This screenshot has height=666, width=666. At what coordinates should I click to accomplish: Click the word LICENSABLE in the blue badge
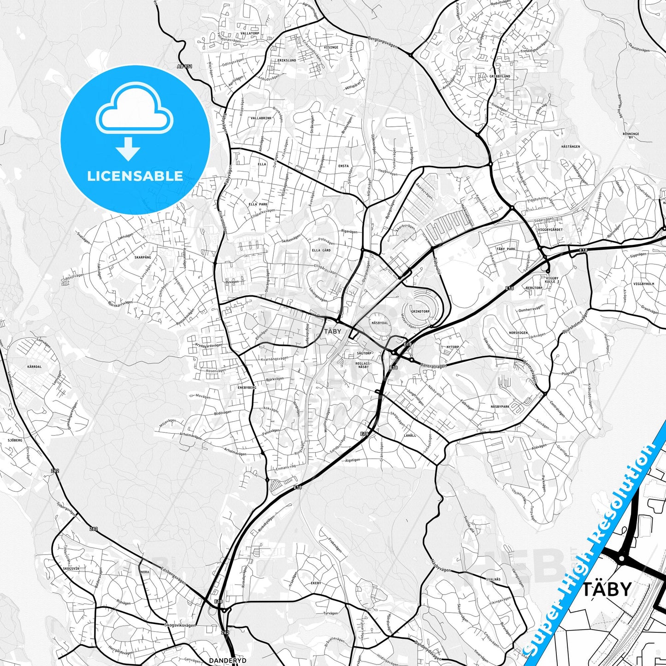[135, 176]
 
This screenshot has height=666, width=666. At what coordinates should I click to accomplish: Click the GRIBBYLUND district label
[500, 76]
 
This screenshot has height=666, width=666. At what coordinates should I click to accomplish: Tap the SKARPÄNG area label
[142, 257]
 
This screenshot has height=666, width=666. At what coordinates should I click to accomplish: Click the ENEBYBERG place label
[247, 388]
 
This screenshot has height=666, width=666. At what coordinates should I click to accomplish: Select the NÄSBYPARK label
[500, 407]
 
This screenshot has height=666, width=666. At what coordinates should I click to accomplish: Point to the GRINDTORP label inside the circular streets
[420, 312]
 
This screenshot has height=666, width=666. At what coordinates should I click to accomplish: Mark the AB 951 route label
[184, 66]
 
